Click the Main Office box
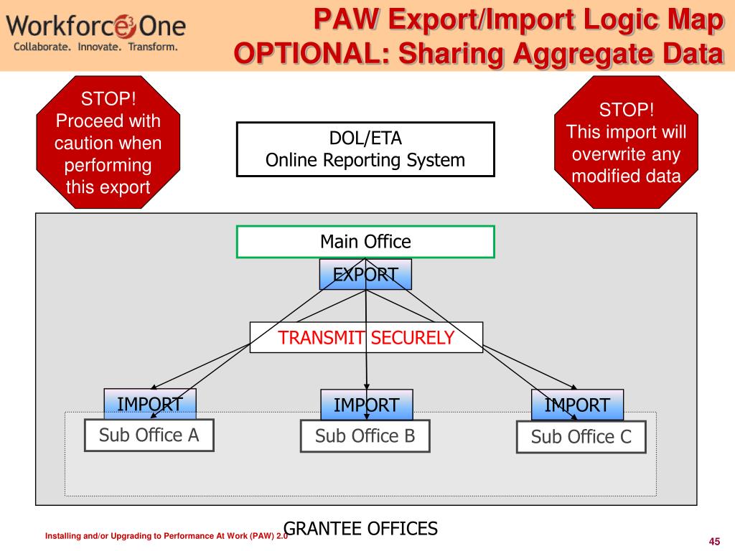[365, 242]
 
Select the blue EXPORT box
[365, 274]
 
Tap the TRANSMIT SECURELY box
[366, 337]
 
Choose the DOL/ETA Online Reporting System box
[365, 149]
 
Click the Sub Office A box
[149, 435]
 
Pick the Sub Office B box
[365, 436]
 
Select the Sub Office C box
[581, 437]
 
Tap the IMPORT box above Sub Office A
[149, 404]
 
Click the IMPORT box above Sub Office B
[366, 405]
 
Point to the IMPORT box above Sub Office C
[577, 405]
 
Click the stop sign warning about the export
[108, 143]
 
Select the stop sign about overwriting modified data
[627, 143]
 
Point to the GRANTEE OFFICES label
[361, 529]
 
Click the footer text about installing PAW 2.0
[166, 537]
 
